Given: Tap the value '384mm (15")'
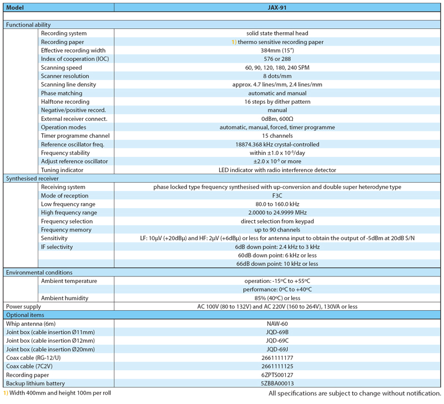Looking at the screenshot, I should [277, 50].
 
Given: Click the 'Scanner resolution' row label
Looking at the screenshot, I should [65, 76].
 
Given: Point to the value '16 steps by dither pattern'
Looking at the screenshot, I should [277, 102].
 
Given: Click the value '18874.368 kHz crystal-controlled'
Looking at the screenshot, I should [277, 144].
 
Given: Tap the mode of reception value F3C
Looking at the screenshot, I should [277, 195].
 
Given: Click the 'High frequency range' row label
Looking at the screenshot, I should [69, 213].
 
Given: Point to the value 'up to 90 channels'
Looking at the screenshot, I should [277, 230].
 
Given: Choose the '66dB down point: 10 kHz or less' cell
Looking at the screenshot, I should [277, 264].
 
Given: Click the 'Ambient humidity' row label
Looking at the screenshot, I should [65, 297].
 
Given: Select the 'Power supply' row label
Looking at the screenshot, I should [23, 306].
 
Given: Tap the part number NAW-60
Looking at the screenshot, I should [277, 324].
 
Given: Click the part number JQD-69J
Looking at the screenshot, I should [277, 349].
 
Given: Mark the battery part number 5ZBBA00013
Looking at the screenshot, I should [277, 383].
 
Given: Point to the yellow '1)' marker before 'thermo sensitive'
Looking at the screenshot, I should [234, 42].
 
